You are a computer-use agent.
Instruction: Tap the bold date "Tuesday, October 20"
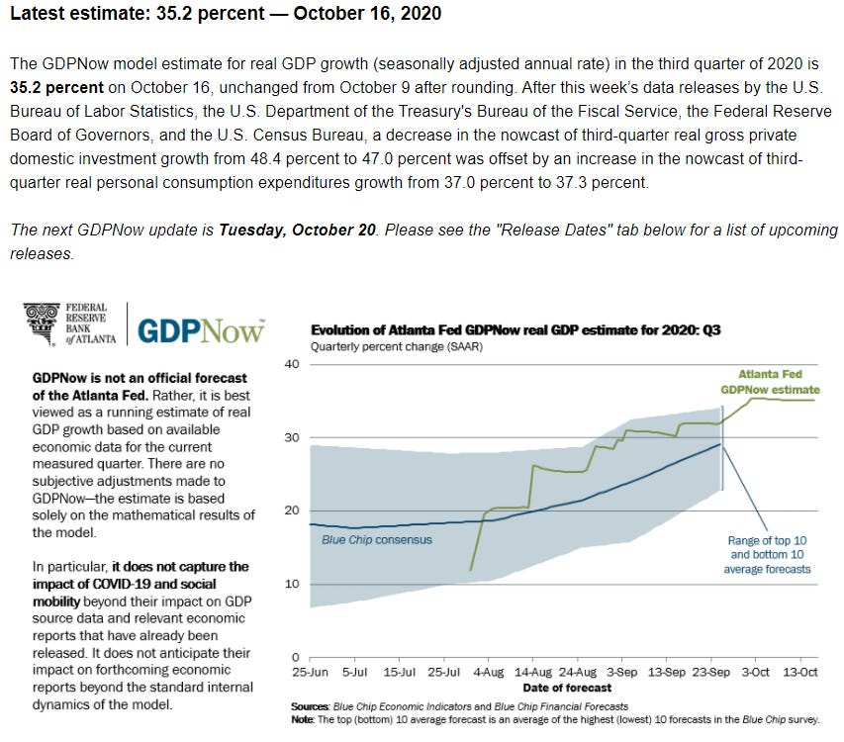click(297, 230)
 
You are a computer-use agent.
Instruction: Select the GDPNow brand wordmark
click(201, 329)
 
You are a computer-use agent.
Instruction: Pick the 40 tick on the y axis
click(292, 364)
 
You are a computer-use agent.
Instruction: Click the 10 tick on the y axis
click(292, 584)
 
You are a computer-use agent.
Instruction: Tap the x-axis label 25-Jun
click(311, 673)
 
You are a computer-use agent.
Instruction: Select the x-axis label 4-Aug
click(489, 673)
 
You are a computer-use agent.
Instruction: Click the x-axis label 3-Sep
click(621, 673)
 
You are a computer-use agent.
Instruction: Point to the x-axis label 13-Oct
click(799, 673)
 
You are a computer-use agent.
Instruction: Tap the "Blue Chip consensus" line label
click(377, 540)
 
